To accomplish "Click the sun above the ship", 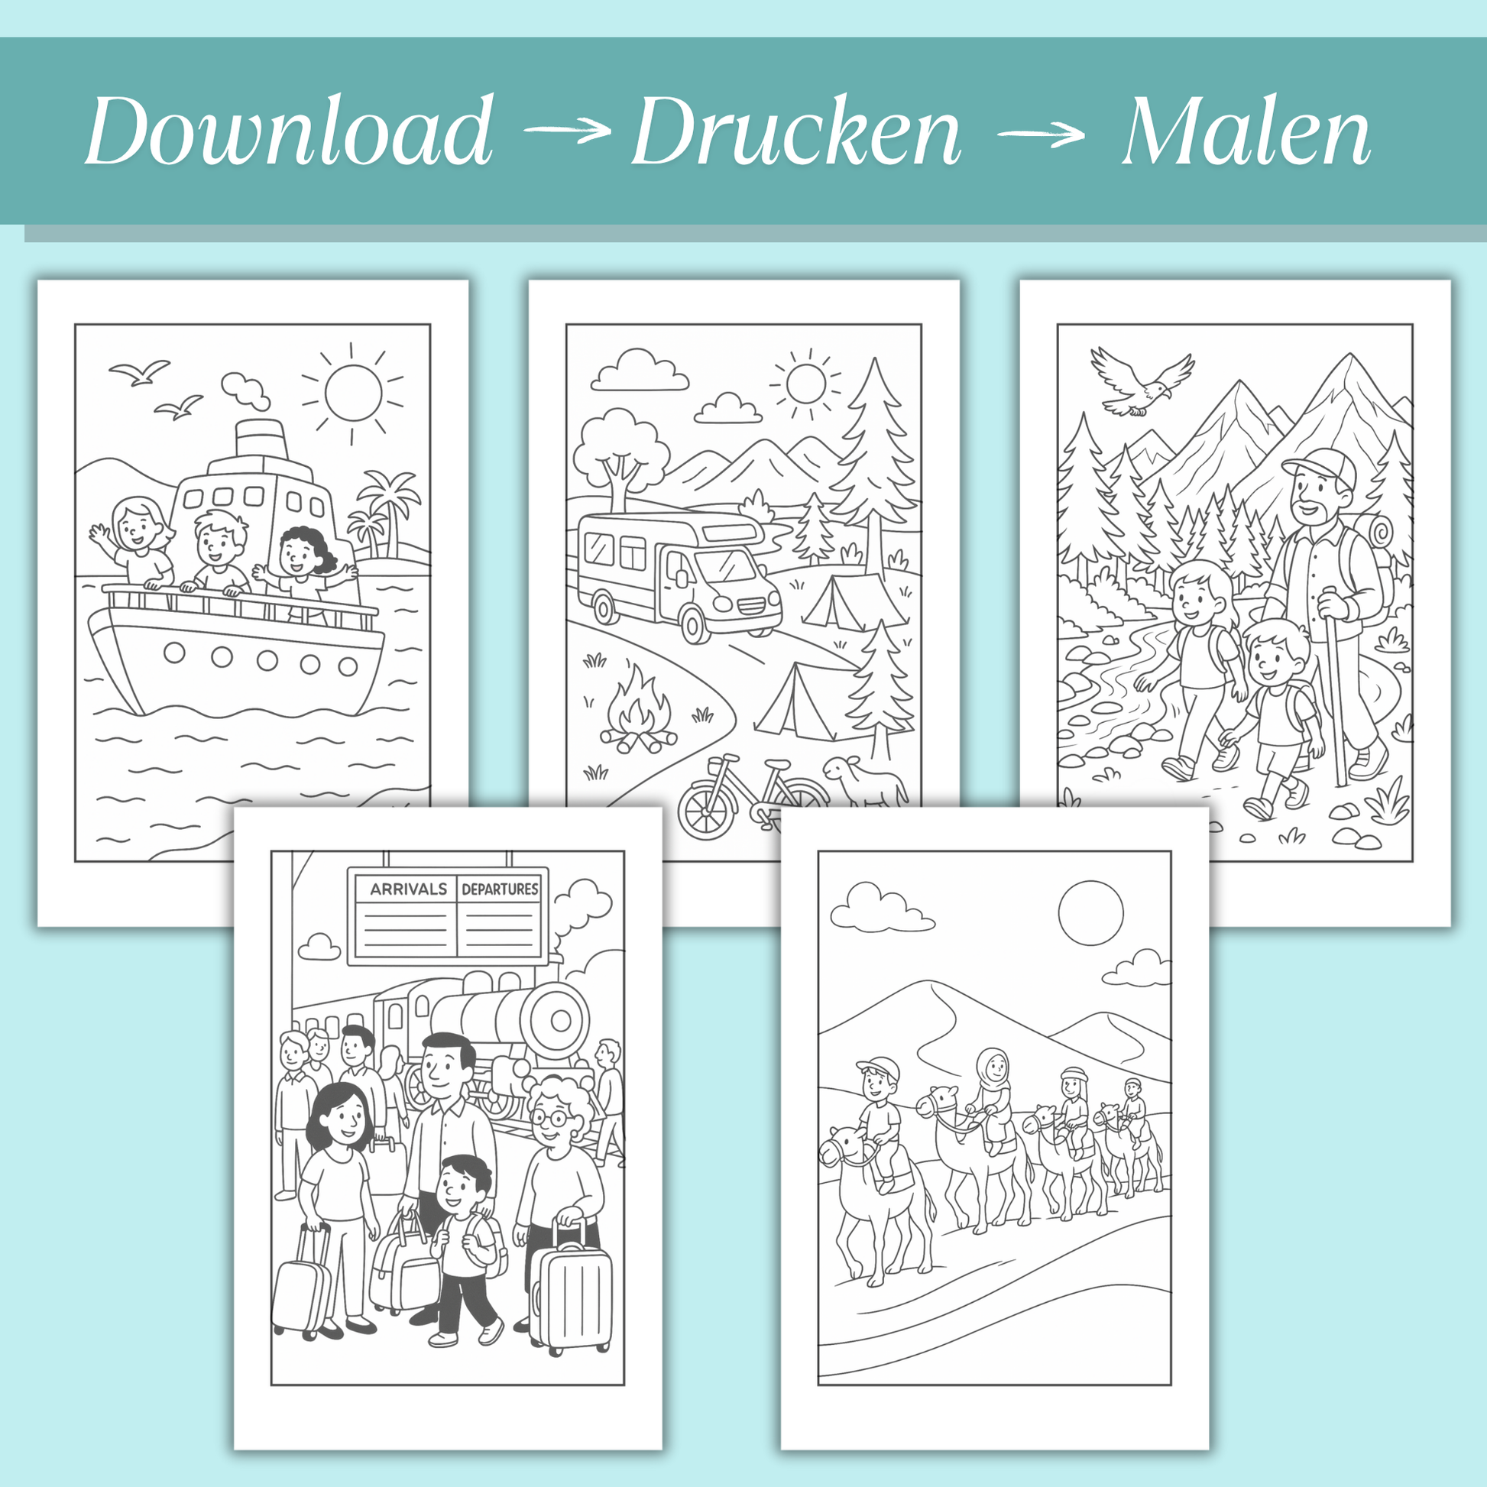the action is tap(353, 393).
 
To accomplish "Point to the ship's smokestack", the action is tap(262, 440).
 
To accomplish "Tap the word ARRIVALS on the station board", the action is tap(408, 889).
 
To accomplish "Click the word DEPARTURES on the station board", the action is tap(500, 889).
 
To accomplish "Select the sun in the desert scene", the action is tap(1090, 913).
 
